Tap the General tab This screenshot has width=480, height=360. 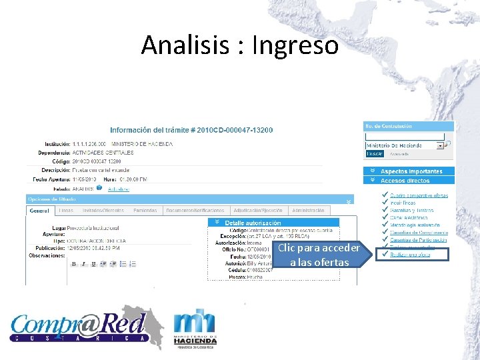point(39,211)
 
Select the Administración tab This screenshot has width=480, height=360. point(308,211)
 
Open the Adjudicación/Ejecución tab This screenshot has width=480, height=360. point(257,211)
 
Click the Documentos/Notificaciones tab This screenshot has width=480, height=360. point(195,211)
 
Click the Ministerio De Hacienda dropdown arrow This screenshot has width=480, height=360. point(440,145)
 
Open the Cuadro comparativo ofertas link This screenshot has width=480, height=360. point(419,195)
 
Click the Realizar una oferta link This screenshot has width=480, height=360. point(410,255)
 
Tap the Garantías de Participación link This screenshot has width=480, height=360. point(419,240)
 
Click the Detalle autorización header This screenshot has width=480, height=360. point(253,223)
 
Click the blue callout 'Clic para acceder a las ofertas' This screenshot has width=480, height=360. point(319,255)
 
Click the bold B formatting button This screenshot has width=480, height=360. point(74,264)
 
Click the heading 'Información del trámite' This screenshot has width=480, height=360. point(191,130)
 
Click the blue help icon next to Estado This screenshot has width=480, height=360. point(99,188)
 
